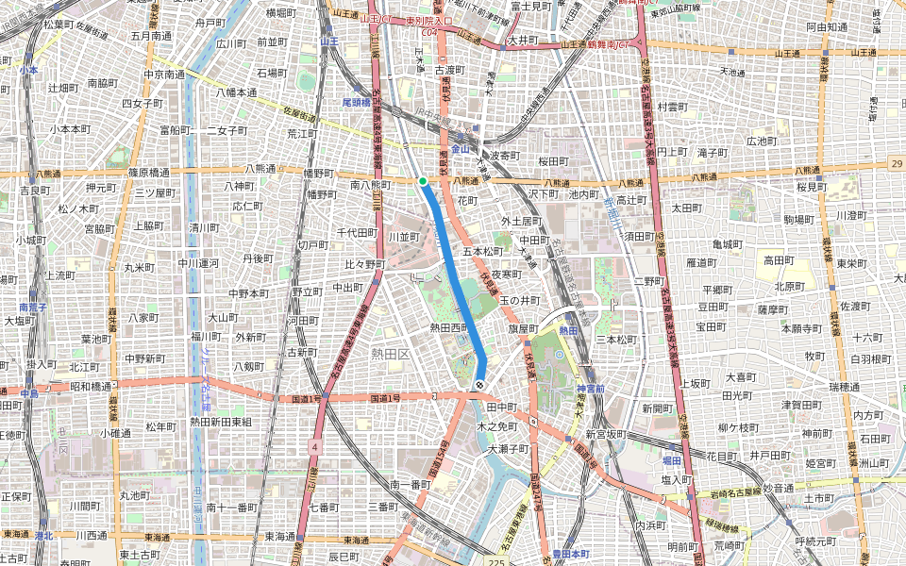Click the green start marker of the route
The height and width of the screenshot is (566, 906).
click(423, 181)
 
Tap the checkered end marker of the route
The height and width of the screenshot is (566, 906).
click(480, 385)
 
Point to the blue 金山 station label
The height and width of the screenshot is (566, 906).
click(460, 149)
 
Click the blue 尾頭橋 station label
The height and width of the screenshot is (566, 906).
click(359, 102)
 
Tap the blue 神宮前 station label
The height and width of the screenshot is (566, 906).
click(590, 390)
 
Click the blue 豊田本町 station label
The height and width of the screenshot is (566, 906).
click(570, 554)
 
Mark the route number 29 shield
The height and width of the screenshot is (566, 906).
click(895, 164)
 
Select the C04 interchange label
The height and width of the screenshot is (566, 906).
click(430, 31)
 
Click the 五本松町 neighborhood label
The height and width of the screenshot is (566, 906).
click(483, 252)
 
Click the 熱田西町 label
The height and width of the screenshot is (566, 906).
click(449, 327)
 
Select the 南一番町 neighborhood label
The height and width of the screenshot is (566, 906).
click(410, 484)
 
